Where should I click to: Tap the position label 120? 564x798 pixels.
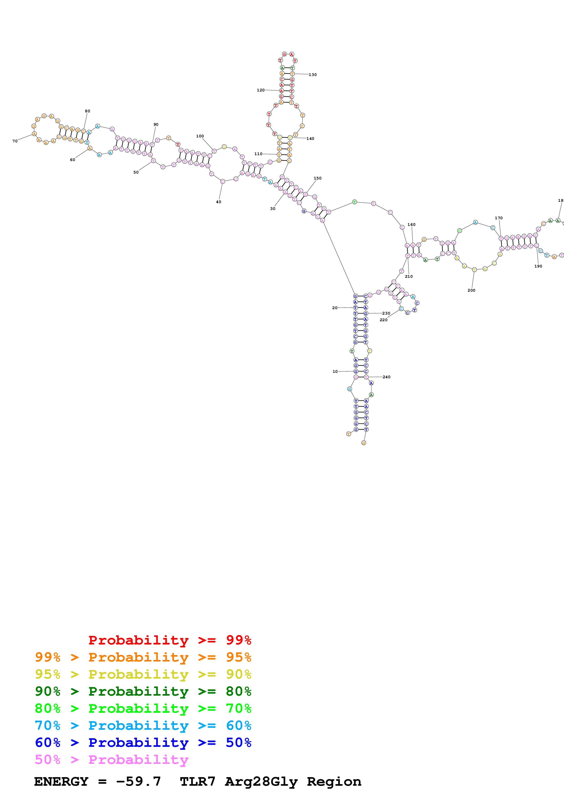coord(261,90)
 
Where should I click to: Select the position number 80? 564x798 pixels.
coord(88,111)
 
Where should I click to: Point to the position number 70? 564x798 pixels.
coord(15,141)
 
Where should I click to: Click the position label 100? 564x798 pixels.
coord(200,136)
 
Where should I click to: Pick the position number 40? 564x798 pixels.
coord(219,202)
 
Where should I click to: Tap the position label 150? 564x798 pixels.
coord(318,178)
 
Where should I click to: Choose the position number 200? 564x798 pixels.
coord(471,290)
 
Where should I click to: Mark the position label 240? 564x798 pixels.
coord(386,377)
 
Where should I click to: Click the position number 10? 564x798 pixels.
coord(335,371)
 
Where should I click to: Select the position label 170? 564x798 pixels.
coord(499,218)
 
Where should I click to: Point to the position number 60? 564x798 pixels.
coord(72,160)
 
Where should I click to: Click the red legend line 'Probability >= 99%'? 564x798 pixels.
coord(169,640)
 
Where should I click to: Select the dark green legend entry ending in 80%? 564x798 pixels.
coord(143,691)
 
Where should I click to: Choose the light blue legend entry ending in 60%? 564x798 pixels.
coord(143,726)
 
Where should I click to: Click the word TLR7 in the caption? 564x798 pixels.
coord(197,782)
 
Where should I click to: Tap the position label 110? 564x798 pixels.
coord(258,154)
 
